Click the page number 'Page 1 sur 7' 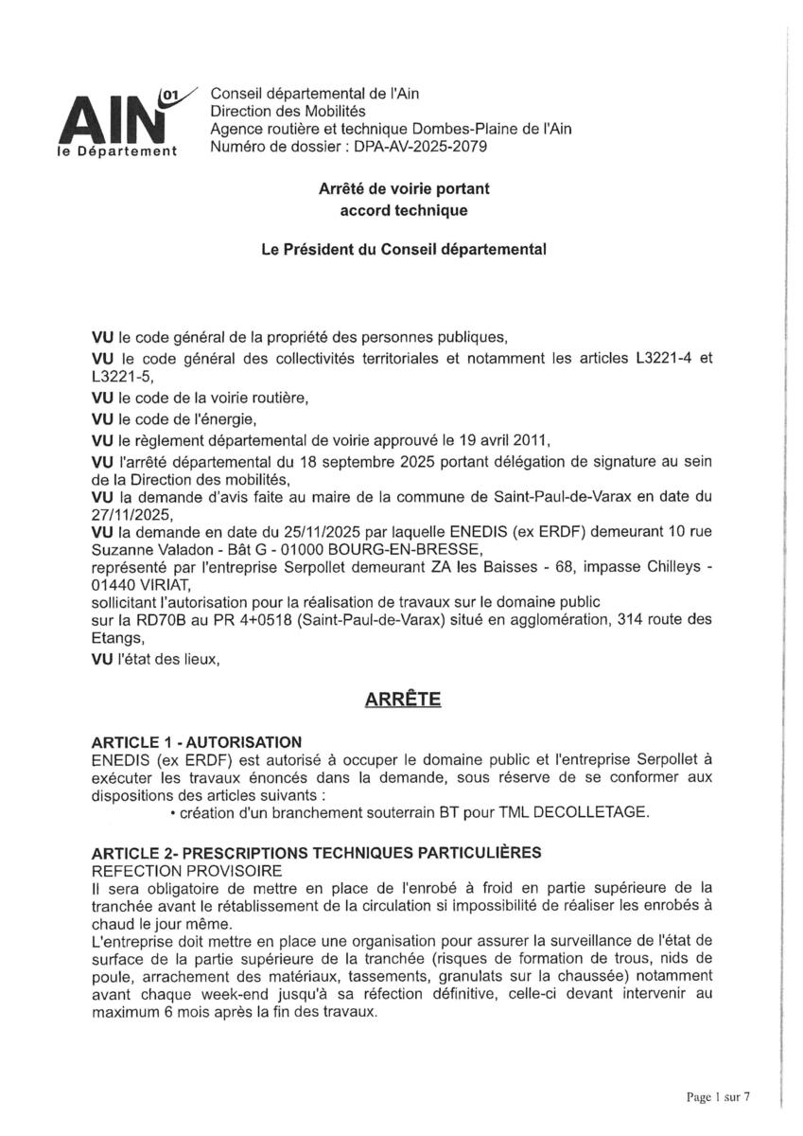tap(718, 1097)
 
